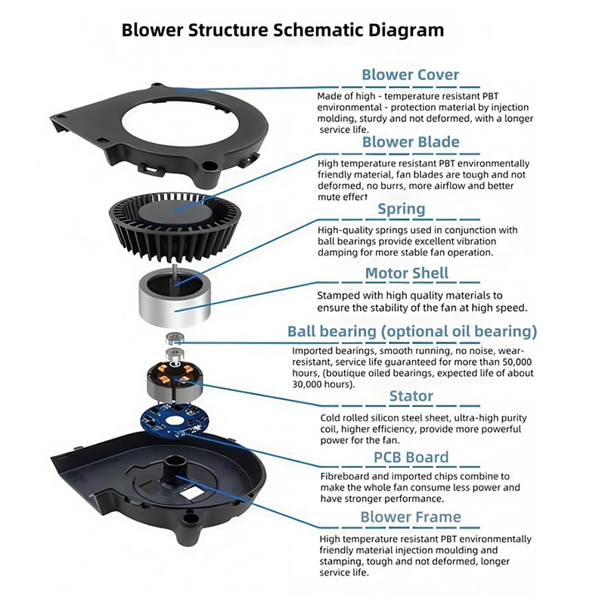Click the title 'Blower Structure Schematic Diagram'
pyautogui.click(x=283, y=30)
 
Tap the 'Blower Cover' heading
pyautogui.click(x=410, y=75)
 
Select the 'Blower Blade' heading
pyautogui.click(x=411, y=142)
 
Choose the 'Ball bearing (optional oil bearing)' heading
pyautogui.click(x=412, y=331)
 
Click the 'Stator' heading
pyautogui.click(x=411, y=396)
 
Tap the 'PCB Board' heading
pyautogui.click(x=411, y=458)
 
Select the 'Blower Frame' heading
pyautogui.click(x=411, y=517)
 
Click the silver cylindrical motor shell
pyautogui.click(x=175, y=299)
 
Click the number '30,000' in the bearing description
pyautogui.click(x=316, y=384)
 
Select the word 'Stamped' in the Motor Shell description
pyautogui.click(x=338, y=295)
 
